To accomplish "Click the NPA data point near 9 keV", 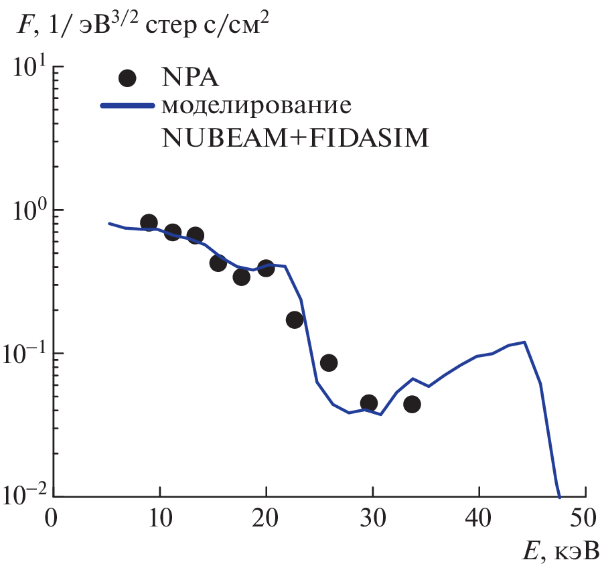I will pyautogui.click(x=149, y=222).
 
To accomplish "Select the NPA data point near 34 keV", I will pyautogui.click(x=412, y=404).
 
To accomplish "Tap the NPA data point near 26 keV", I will pyautogui.click(x=328, y=362).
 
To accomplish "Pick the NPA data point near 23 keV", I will pyautogui.click(x=295, y=319).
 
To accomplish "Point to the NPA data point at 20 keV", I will pyautogui.click(x=266, y=269).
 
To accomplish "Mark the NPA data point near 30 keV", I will pyautogui.click(x=368, y=403).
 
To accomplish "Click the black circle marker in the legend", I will pyautogui.click(x=127, y=78).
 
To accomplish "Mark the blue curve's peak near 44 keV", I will pyautogui.click(x=524, y=342).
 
